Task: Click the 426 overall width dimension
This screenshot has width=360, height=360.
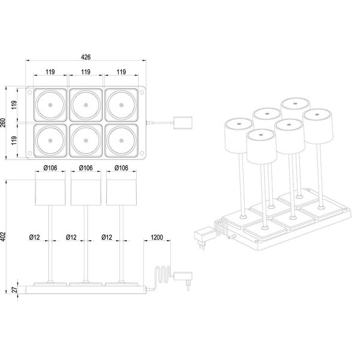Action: (85, 58)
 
